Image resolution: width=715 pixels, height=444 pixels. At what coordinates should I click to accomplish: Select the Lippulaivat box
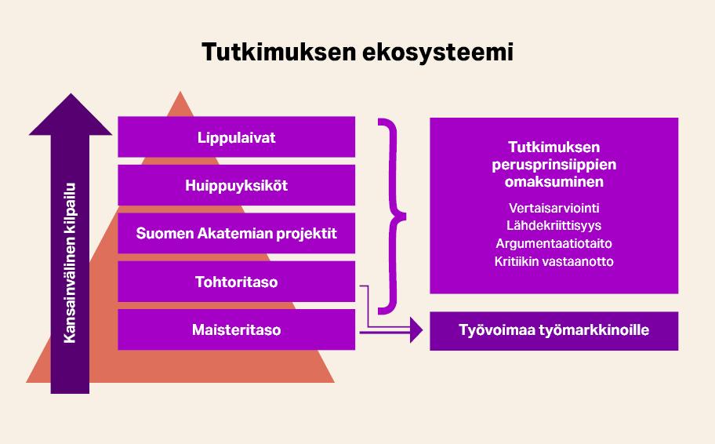click(x=236, y=137)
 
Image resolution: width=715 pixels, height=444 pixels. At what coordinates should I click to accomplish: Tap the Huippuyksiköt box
click(x=236, y=186)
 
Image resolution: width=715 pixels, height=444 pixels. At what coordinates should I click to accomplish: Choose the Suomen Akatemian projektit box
click(x=236, y=234)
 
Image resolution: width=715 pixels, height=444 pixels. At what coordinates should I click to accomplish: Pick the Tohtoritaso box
click(x=236, y=282)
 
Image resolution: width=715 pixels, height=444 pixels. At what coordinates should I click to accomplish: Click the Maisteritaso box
click(x=236, y=330)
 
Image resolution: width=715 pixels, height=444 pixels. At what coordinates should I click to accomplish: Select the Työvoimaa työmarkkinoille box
click(x=553, y=330)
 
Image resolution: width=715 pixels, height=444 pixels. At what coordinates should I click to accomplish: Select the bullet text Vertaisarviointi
click(x=554, y=208)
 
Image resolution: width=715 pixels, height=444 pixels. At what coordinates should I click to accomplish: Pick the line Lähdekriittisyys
click(x=554, y=226)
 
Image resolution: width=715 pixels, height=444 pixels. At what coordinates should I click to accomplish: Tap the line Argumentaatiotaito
click(x=554, y=243)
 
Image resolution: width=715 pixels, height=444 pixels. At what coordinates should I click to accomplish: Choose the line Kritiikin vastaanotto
click(x=554, y=261)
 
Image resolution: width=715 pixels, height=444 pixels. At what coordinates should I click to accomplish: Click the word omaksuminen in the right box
click(x=554, y=182)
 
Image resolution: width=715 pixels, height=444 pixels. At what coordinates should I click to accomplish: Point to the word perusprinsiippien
click(x=554, y=165)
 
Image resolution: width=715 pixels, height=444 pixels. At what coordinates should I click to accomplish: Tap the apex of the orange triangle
click(x=182, y=94)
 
